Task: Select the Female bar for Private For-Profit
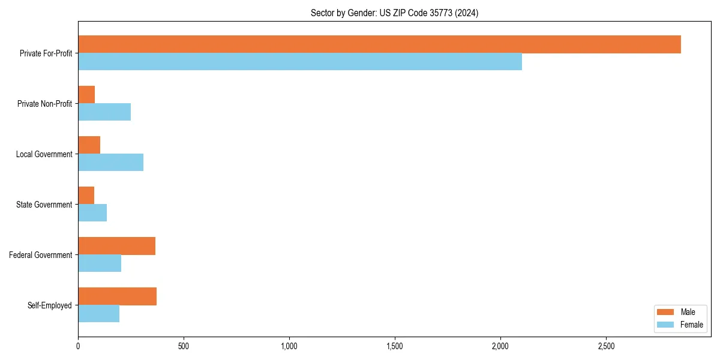pos(300,61)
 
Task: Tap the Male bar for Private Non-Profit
pos(86,95)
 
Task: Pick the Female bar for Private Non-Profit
pos(104,112)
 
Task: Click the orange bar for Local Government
pos(89,145)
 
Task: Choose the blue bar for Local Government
pos(110,162)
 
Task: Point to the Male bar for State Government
pos(86,196)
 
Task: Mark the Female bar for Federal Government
pos(100,263)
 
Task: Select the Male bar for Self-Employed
pos(117,296)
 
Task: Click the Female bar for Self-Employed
pos(98,313)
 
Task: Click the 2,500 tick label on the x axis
pos(606,346)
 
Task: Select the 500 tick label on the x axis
pos(184,346)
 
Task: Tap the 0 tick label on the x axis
pos(78,346)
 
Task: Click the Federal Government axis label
pos(41,255)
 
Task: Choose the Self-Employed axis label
pos(50,305)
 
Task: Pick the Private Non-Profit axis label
pos(44,104)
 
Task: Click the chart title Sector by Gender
pos(394,13)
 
